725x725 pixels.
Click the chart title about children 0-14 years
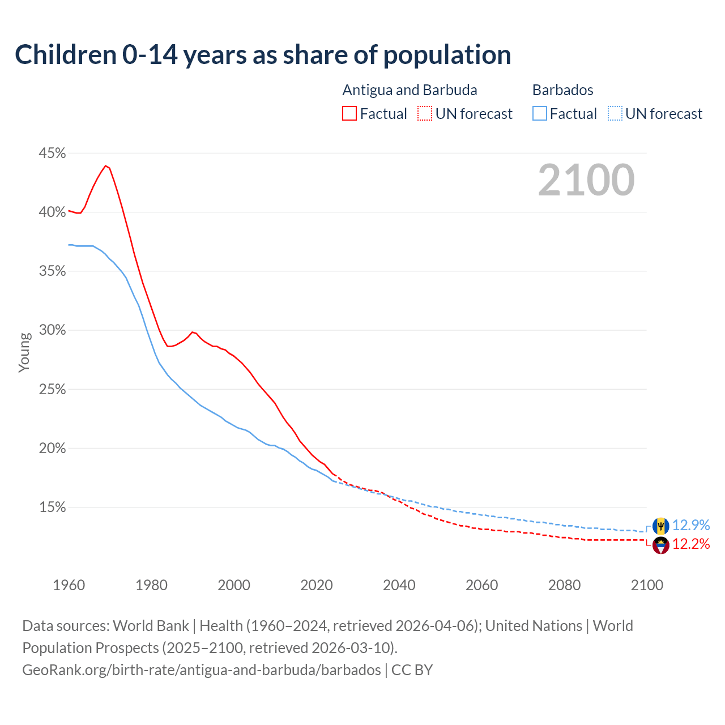[x=263, y=55]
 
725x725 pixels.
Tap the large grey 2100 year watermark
[x=586, y=180]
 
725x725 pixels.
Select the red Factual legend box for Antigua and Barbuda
[x=349, y=114]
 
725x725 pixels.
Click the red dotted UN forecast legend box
[x=425, y=114]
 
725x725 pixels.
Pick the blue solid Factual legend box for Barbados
[x=540, y=114]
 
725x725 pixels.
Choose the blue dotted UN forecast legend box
[x=615, y=114]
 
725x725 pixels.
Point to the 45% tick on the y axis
[x=52, y=153]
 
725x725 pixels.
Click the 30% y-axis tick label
[x=52, y=330]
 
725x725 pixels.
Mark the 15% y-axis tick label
[x=52, y=507]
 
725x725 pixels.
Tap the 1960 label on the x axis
[x=69, y=585]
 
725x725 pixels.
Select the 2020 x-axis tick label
[x=316, y=585]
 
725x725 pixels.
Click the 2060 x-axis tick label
[x=481, y=585]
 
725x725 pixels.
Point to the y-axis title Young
[x=24, y=352]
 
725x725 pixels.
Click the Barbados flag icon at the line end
[x=660, y=526]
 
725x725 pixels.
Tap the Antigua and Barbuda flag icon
[x=660, y=545]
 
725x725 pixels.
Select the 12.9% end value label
[x=691, y=526]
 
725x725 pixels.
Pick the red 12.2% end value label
[x=691, y=544]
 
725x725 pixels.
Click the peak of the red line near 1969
[x=105, y=165]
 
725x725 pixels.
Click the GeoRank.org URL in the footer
[x=202, y=670]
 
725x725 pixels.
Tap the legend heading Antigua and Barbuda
[x=410, y=90]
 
